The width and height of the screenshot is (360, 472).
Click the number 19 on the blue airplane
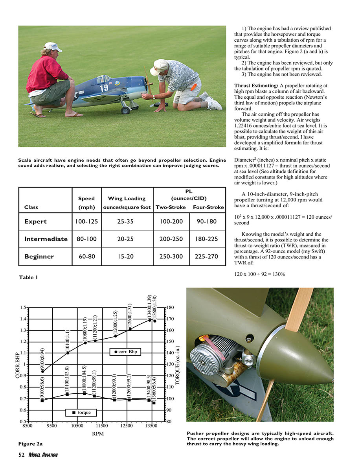[x=104, y=88]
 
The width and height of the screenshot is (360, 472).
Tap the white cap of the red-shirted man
[x=53, y=47]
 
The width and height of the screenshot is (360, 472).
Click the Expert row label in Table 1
[x=35, y=221]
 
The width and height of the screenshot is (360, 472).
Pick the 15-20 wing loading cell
[x=127, y=256]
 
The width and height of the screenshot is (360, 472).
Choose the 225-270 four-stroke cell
[x=208, y=256]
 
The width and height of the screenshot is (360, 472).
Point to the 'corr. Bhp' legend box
[x=125, y=352]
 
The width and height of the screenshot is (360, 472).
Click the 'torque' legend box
[x=81, y=413]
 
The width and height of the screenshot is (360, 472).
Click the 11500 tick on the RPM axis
[x=102, y=426]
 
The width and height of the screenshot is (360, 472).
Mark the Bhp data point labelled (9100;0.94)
[x=42, y=371]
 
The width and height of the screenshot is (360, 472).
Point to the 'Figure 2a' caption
[x=31, y=444]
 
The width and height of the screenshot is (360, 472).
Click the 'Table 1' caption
[x=28, y=277]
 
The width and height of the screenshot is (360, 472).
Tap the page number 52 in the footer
[x=22, y=455]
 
